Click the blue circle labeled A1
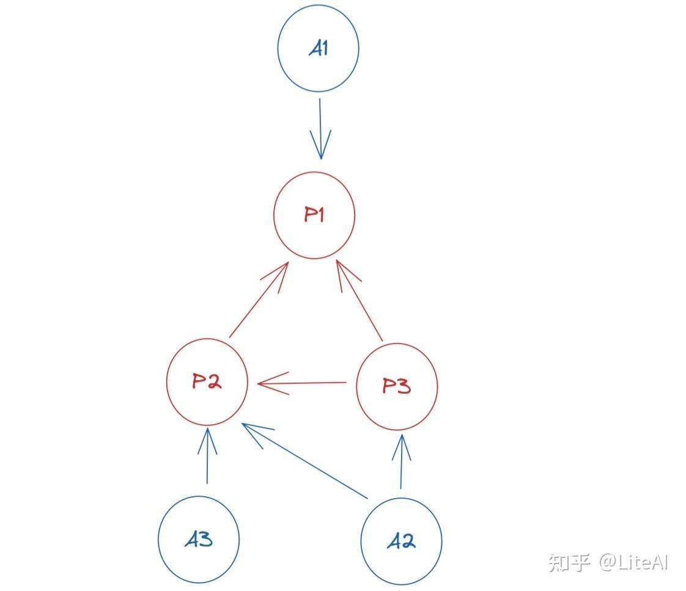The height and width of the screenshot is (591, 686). [318, 49]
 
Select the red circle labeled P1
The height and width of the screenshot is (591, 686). [314, 215]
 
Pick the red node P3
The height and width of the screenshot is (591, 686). [397, 386]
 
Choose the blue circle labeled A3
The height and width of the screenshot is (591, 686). [199, 540]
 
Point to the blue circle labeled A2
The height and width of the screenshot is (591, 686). [401, 541]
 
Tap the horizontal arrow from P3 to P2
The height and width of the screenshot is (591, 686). [303, 384]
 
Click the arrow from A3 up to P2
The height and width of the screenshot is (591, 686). [207, 455]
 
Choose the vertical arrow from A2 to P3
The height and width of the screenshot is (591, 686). [401, 461]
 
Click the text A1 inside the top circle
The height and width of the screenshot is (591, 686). [318, 49]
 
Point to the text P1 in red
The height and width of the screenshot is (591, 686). [314, 215]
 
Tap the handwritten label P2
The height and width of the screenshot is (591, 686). [207, 382]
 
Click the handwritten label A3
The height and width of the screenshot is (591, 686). [199, 540]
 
